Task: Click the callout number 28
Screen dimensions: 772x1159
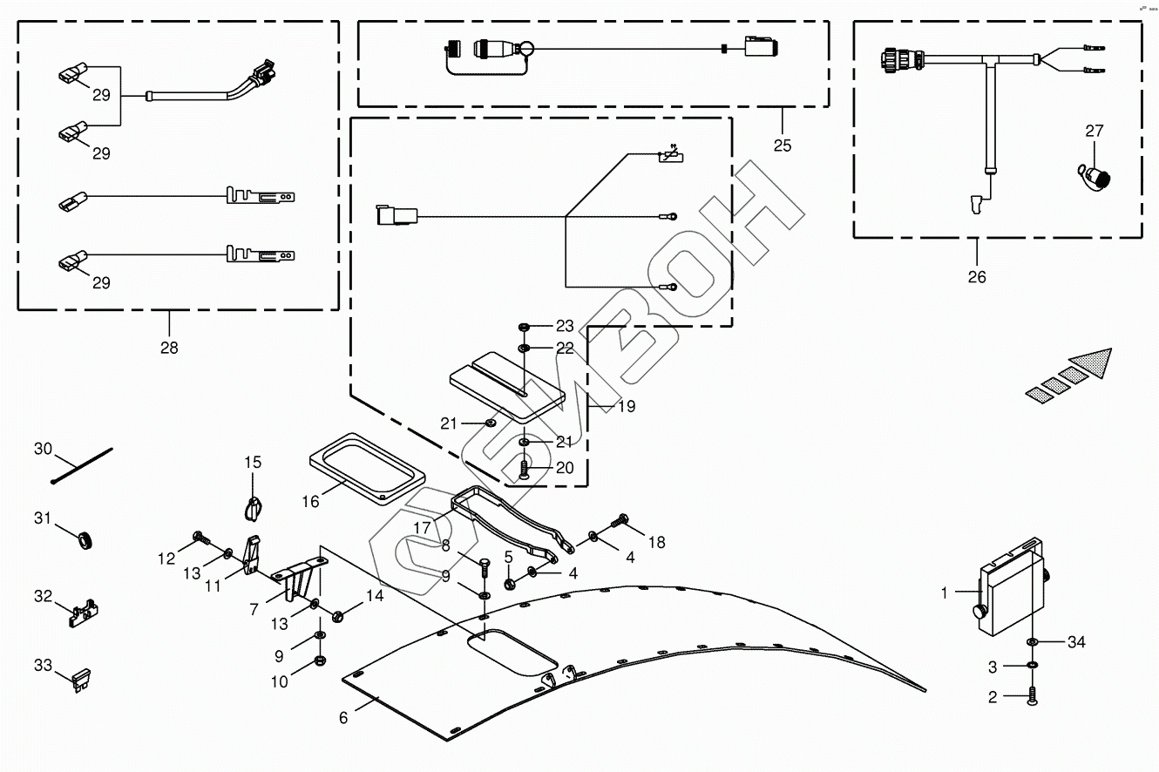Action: coord(169,347)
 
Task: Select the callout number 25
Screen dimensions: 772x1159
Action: coord(783,145)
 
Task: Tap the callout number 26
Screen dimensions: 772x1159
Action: coord(977,277)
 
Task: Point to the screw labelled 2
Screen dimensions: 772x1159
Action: coord(1032,696)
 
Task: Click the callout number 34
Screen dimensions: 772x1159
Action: coord(1077,643)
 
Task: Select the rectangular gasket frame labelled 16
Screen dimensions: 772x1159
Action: coord(367,466)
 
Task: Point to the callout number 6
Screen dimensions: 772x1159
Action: coord(343,717)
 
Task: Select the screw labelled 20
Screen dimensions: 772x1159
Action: coord(523,471)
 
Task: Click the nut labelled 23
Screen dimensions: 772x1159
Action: coord(524,327)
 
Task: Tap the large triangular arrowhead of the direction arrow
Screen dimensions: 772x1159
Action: coord(1093,360)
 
